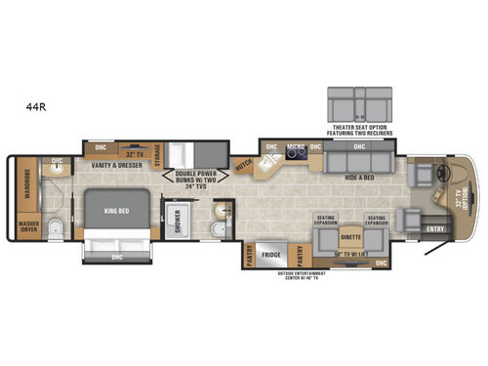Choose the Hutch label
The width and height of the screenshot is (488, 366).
[245, 168]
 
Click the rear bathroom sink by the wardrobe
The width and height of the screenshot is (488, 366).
[57, 166]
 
